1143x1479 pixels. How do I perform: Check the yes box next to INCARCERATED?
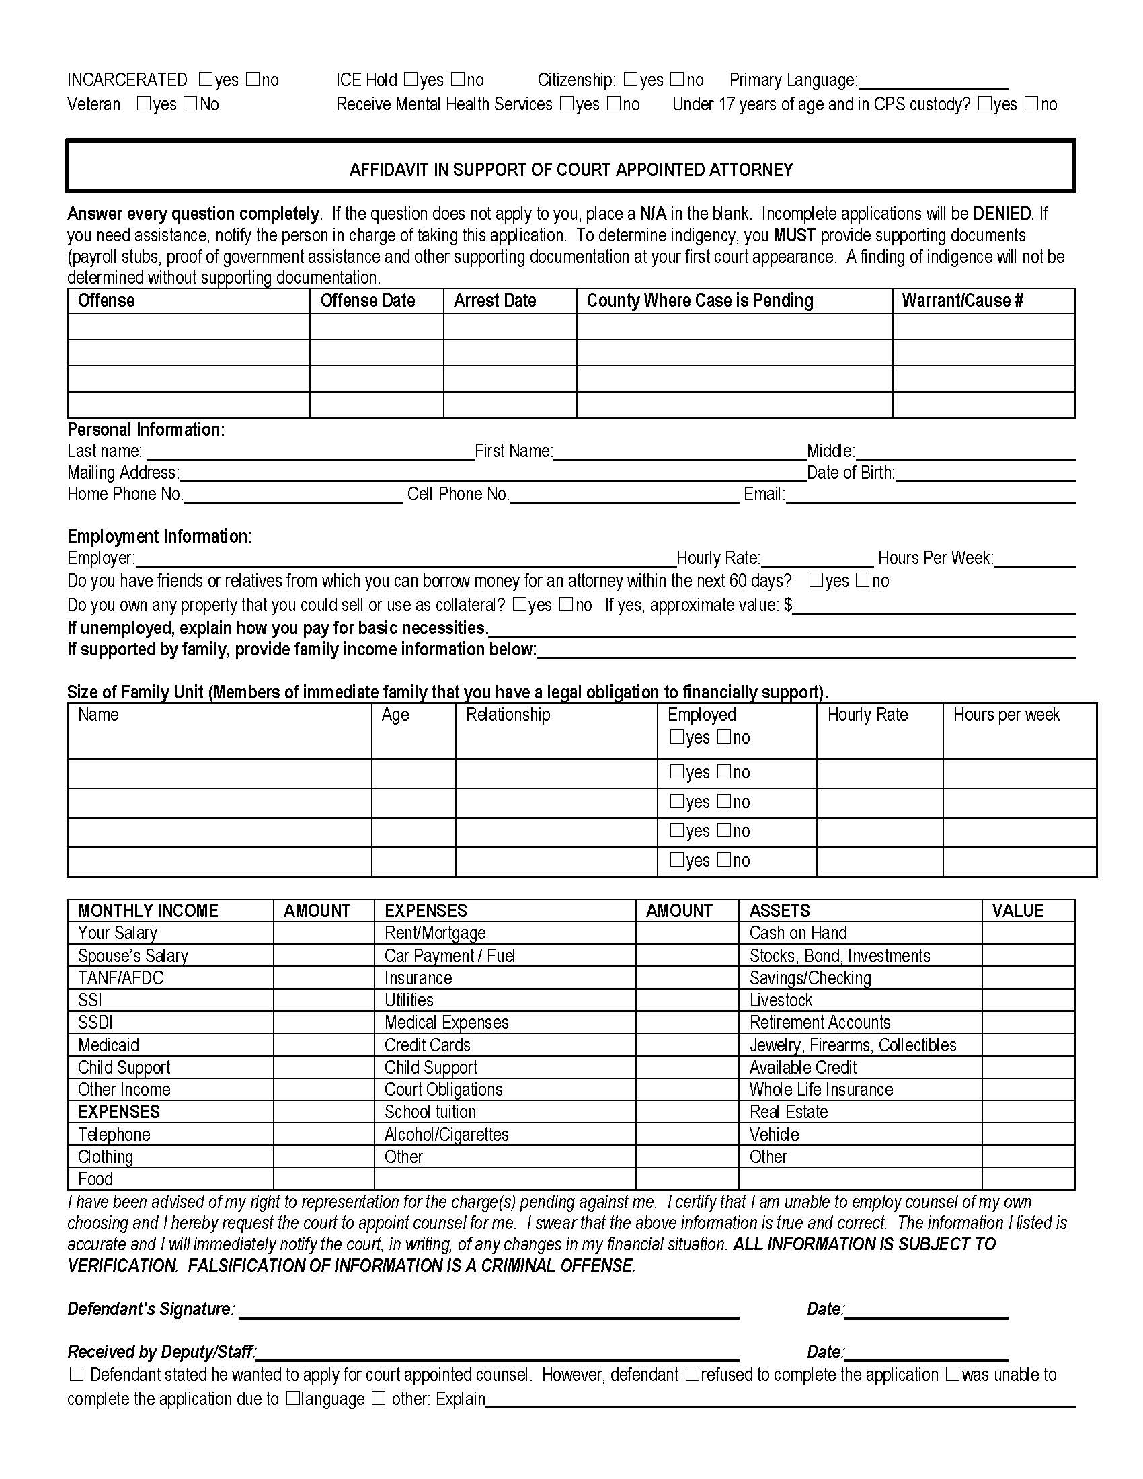click(206, 79)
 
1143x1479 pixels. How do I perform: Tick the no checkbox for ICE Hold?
click(459, 79)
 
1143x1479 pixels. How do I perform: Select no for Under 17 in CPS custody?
click(1031, 104)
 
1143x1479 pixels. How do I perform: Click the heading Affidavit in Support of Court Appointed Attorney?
click(571, 169)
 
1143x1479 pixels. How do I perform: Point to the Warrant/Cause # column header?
click(961, 301)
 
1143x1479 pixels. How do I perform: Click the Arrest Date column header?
click(494, 301)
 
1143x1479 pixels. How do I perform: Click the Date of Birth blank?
click(984, 475)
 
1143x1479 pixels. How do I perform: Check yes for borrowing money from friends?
click(817, 580)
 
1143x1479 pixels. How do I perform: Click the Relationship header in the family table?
click(508, 715)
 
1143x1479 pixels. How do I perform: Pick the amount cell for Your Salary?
click(323, 933)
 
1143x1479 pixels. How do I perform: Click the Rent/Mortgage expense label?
click(435, 933)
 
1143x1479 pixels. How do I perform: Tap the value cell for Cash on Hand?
click(1027, 933)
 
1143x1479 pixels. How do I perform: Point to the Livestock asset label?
click(780, 1000)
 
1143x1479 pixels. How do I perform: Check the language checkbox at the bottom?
click(293, 1398)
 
